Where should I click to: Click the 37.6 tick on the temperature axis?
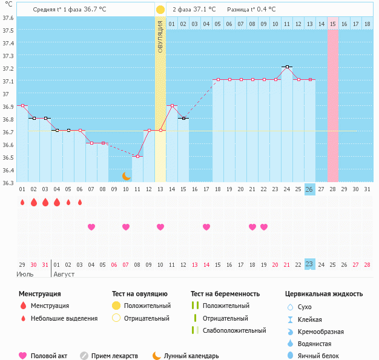click(x=7, y=18)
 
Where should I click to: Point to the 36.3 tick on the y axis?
click(x=7, y=182)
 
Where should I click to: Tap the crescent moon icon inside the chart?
click(x=126, y=175)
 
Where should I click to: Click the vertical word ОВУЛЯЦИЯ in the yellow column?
click(x=160, y=36)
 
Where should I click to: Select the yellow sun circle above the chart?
click(x=160, y=10)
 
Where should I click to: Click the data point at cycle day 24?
click(x=286, y=67)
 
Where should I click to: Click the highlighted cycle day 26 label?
click(x=309, y=189)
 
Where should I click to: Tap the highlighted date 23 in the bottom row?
click(x=309, y=264)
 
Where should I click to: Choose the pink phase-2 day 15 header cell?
click(x=333, y=24)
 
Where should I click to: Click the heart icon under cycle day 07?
click(x=91, y=227)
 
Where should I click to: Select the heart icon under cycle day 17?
click(x=206, y=227)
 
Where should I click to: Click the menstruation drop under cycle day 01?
click(x=22, y=202)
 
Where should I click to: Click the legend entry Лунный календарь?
click(x=185, y=356)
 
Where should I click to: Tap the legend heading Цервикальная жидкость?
click(x=324, y=294)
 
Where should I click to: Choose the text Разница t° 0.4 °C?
click(x=251, y=10)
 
